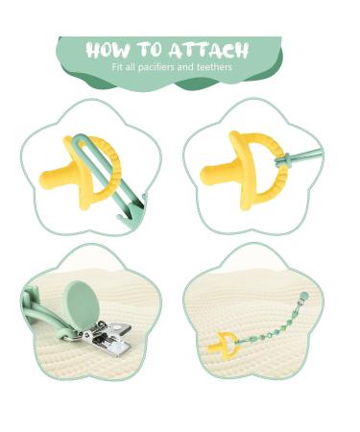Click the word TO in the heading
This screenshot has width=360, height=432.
152,50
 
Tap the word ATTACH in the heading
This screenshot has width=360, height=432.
209,50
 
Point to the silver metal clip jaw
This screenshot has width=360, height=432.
101,337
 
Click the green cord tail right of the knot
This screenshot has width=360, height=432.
312,154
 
